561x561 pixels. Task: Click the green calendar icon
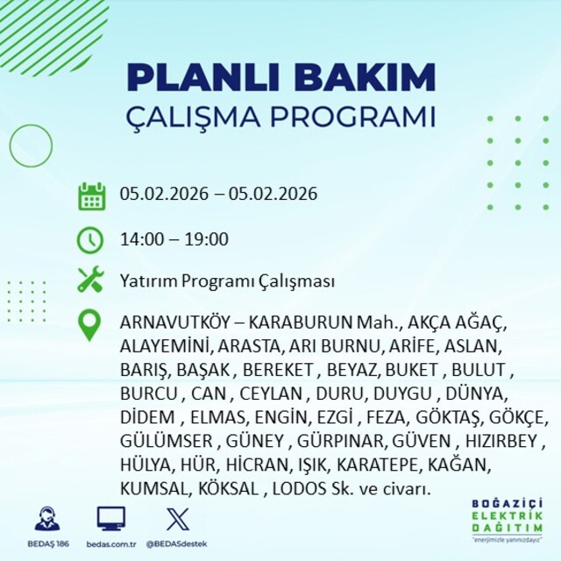point(91,196)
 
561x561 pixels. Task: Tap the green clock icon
point(90,240)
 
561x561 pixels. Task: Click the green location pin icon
point(89,325)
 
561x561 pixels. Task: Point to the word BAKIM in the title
point(365,78)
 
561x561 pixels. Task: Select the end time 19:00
point(207,239)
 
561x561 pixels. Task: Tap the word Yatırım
point(148,280)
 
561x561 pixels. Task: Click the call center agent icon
point(47,518)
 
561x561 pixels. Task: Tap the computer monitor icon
point(111,519)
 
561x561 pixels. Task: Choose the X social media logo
point(178,519)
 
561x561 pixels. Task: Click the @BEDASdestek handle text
point(177,544)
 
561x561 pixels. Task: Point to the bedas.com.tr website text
point(111,544)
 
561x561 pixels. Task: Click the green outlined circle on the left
point(10,146)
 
